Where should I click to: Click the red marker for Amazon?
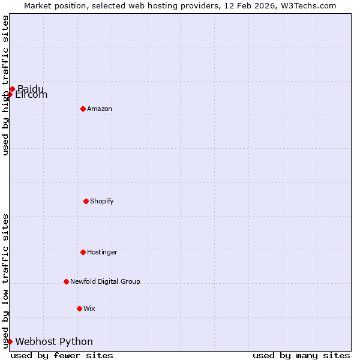point(83,109)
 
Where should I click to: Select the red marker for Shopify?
point(86,201)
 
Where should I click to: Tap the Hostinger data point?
point(83,252)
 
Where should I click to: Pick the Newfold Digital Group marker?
point(66,281)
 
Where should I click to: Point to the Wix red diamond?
point(79,308)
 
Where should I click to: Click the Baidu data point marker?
point(12,89)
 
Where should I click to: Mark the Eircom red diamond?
point(10,94)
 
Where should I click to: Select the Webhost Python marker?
point(10,341)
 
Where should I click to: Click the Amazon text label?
point(100,109)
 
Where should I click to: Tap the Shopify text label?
point(102,201)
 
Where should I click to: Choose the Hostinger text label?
point(102,252)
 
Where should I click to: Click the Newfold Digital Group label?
point(105,281)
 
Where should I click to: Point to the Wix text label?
point(89,308)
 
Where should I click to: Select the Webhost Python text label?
point(54,341)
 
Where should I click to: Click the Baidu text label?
point(31,88)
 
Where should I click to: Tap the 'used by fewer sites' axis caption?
point(62,355)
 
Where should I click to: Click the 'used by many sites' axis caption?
point(301,355)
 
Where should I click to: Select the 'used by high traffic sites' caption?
point(5,85)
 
